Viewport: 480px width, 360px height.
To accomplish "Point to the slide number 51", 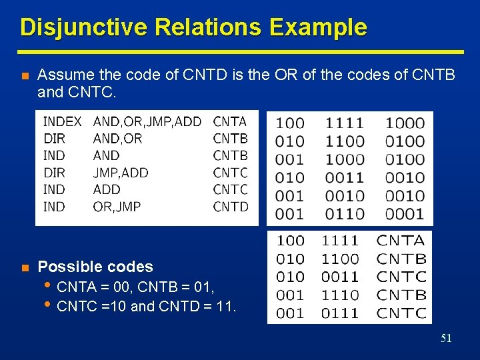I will (446, 339).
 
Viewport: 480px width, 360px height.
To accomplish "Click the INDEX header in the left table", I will (62, 121).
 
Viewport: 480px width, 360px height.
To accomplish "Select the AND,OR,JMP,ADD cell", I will (147, 121).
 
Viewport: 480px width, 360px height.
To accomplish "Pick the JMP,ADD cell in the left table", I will (121, 173).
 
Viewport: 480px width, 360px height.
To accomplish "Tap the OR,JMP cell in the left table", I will (117, 207).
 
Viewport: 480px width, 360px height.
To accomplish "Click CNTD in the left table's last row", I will (231, 207).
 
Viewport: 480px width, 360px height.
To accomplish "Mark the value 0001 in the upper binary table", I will (404, 214).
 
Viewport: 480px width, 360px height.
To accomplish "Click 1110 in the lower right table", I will (340, 295).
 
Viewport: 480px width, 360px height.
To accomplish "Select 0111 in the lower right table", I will (340, 313).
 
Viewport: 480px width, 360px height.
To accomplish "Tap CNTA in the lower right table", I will (401, 241).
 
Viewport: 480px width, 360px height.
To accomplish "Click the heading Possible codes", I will (95, 267).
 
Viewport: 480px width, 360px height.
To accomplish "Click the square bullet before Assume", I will (24, 75).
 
